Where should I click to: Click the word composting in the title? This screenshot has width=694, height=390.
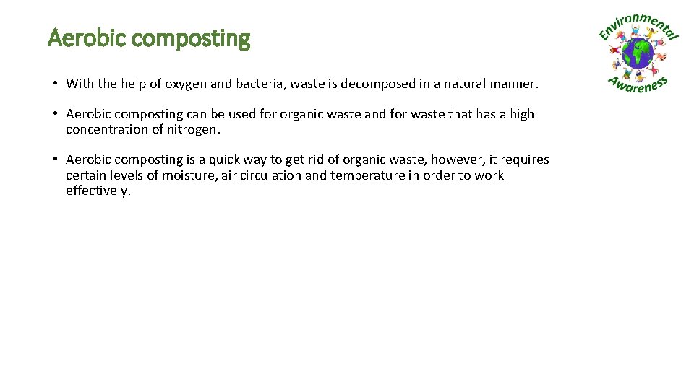pyautogui.click(x=192, y=39)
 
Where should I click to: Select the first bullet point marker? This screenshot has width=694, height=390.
pyautogui.click(x=55, y=84)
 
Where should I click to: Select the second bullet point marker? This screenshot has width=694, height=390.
pyautogui.click(x=55, y=114)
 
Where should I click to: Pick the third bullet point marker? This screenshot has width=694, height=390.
pyautogui.click(x=55, y=160)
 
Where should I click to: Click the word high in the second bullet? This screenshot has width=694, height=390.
pyautogui.click(x=521, y=114)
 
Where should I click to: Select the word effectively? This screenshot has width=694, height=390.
pyautogui.click(x=98, y=191)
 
